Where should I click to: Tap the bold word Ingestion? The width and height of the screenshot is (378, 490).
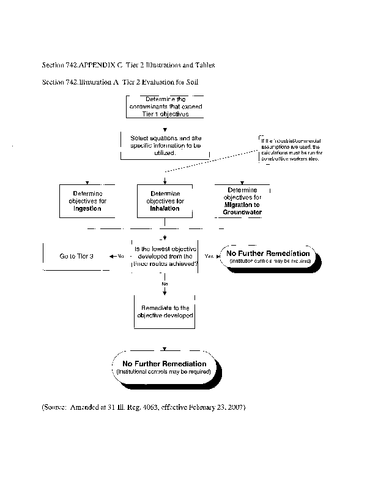pyautogui.click(x=87, y=208)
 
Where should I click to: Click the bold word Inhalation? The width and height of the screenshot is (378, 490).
pyautogui.click(x=165, y=208)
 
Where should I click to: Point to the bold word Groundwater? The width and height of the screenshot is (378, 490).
pyautogui.click(x=242, y=212)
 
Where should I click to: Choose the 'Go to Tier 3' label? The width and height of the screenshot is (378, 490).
pyautogui.click(x=76, y=256)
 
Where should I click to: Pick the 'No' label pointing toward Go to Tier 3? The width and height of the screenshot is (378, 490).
pyautogui.click(x=120, y=256)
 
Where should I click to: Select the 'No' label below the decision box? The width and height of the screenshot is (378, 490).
pyautogui.click(x=165, y=284)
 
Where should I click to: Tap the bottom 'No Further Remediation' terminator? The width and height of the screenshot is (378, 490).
pyautogui.click(x=164, y=367)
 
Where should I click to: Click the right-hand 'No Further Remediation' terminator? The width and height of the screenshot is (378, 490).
pyautogui.click(x=268, y=257)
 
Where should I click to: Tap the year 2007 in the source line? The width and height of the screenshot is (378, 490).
pyautogui.click(x=233, y=407)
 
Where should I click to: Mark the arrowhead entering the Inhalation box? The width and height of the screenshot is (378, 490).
pyautogui.click(x=165, y=182)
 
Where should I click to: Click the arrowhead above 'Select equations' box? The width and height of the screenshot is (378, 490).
pyautogui.click(x=165, y=129)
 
